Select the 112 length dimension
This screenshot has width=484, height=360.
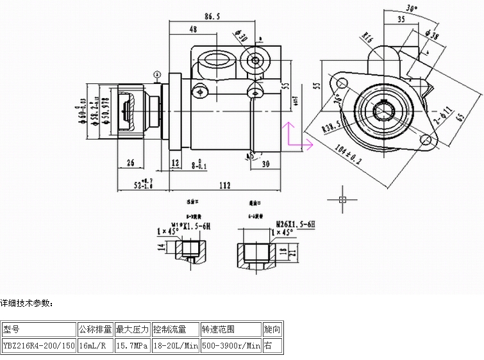(224, 186)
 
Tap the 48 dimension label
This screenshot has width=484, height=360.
(193, 29)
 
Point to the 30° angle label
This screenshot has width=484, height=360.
(412, 9)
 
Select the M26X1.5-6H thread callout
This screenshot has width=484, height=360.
(296, 224)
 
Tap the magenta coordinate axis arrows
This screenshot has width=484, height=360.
(296, 138)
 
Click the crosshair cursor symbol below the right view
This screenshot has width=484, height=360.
(342, 199)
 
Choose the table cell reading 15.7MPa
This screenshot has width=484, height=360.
(132, 346)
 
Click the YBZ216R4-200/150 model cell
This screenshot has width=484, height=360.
(39, 346)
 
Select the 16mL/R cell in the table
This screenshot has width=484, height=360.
(95, 346)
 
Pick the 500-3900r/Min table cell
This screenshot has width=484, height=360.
(231, 346)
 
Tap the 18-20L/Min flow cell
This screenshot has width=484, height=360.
(175, 346)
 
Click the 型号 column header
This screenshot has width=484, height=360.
(12, 330)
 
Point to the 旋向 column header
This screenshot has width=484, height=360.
(271, 330)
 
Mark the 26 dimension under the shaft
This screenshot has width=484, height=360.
(131, 163)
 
